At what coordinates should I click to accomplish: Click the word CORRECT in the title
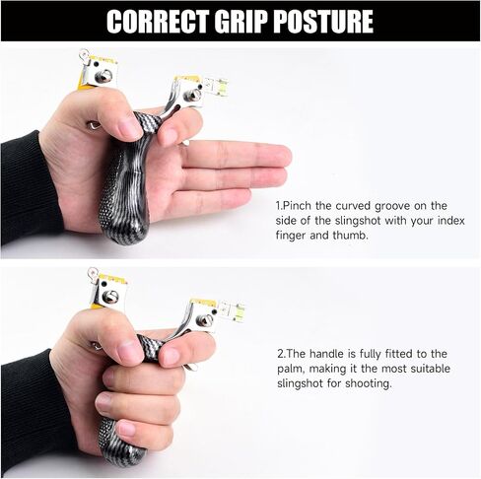coord(158,22)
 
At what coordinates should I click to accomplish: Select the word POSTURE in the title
coord(323,22)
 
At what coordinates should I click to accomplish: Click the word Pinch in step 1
coord(297,206)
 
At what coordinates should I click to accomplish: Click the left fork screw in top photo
coord(103,77)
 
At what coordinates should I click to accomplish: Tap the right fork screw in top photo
coord(192,96)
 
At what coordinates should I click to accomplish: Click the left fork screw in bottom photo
coord(109,297)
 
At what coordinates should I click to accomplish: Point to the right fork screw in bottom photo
coord(204,319)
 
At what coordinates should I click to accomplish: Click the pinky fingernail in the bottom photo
coord(127,429)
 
